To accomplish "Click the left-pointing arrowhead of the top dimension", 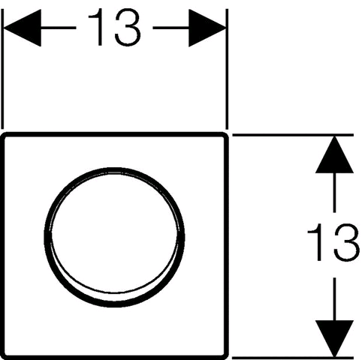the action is point(23,28).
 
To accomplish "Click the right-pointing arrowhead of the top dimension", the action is point(207,28).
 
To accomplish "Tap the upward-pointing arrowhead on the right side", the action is point(334,155).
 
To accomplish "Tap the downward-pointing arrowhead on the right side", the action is point(334,338).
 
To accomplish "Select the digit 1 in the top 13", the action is point(97,28).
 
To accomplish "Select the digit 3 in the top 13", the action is point(128,28).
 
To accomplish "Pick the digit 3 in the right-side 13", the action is point(346,242).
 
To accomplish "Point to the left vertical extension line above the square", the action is point(2,69).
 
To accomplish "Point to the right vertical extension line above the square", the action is point(227,69).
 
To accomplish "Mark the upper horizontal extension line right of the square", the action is point(293,135).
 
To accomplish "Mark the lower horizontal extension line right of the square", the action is point(293,357).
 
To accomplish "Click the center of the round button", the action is point(114,238).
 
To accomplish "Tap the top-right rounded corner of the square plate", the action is point(225,134).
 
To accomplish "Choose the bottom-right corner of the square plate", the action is point(225,357).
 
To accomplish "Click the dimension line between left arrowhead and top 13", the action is point(59,28).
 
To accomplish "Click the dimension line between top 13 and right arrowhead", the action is point(171,28).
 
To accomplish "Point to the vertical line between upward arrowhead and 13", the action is point(334,193).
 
